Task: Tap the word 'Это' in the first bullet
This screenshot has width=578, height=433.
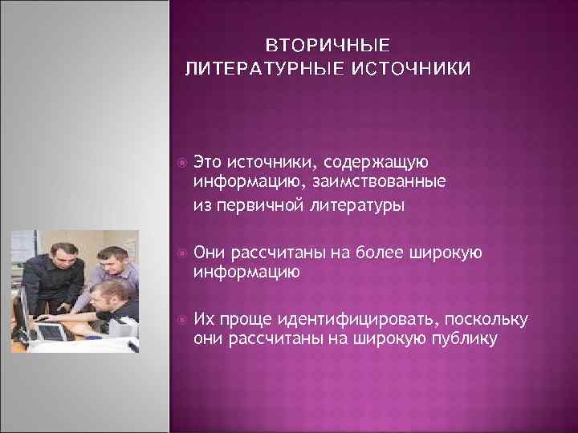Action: [206, 164]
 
